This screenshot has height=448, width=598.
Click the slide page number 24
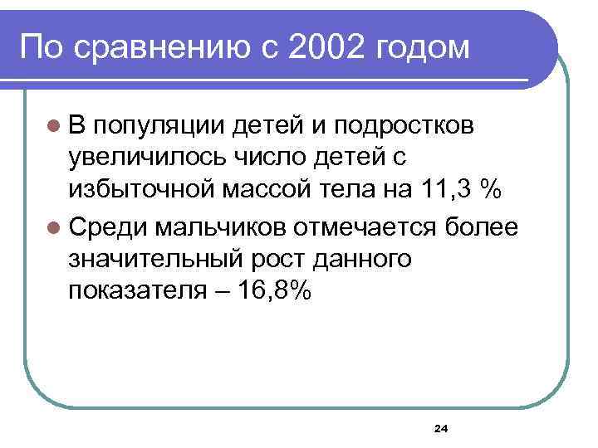(440, 428)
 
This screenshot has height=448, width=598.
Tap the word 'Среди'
(104, 226)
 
